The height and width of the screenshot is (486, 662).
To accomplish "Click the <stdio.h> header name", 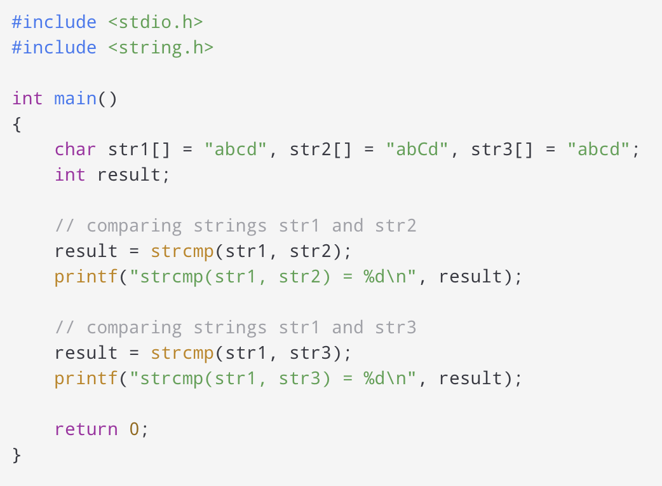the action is click(x=155, y=22).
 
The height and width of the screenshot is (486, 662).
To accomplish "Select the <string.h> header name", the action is click(x=160, y=48).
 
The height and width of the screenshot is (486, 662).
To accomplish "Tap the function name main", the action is click(x=75, y=99).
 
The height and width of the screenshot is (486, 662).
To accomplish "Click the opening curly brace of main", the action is click(x=17, y=124).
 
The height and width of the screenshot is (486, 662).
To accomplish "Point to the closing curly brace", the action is click(x=17, y=455).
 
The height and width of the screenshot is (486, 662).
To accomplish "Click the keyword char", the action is click(x=75, y=149).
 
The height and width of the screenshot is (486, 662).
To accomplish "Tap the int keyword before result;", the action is click(x=70, y=175).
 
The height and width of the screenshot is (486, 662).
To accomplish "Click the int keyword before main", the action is click(x=27, y=99).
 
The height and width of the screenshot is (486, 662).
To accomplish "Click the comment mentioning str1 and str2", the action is click(x=235, y=226).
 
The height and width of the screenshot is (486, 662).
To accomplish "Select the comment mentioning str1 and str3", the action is click(x=235, y=328).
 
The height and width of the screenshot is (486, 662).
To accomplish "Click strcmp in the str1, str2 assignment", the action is click(x=182, y=251).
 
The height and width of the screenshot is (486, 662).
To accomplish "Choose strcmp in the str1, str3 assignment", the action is click(x=182, y=353).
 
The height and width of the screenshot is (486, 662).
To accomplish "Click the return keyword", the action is click(x=86, y=429).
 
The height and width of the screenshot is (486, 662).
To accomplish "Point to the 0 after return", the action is click(x=134, y=429).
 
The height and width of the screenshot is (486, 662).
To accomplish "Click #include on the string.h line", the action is click(x=54, y=48).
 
